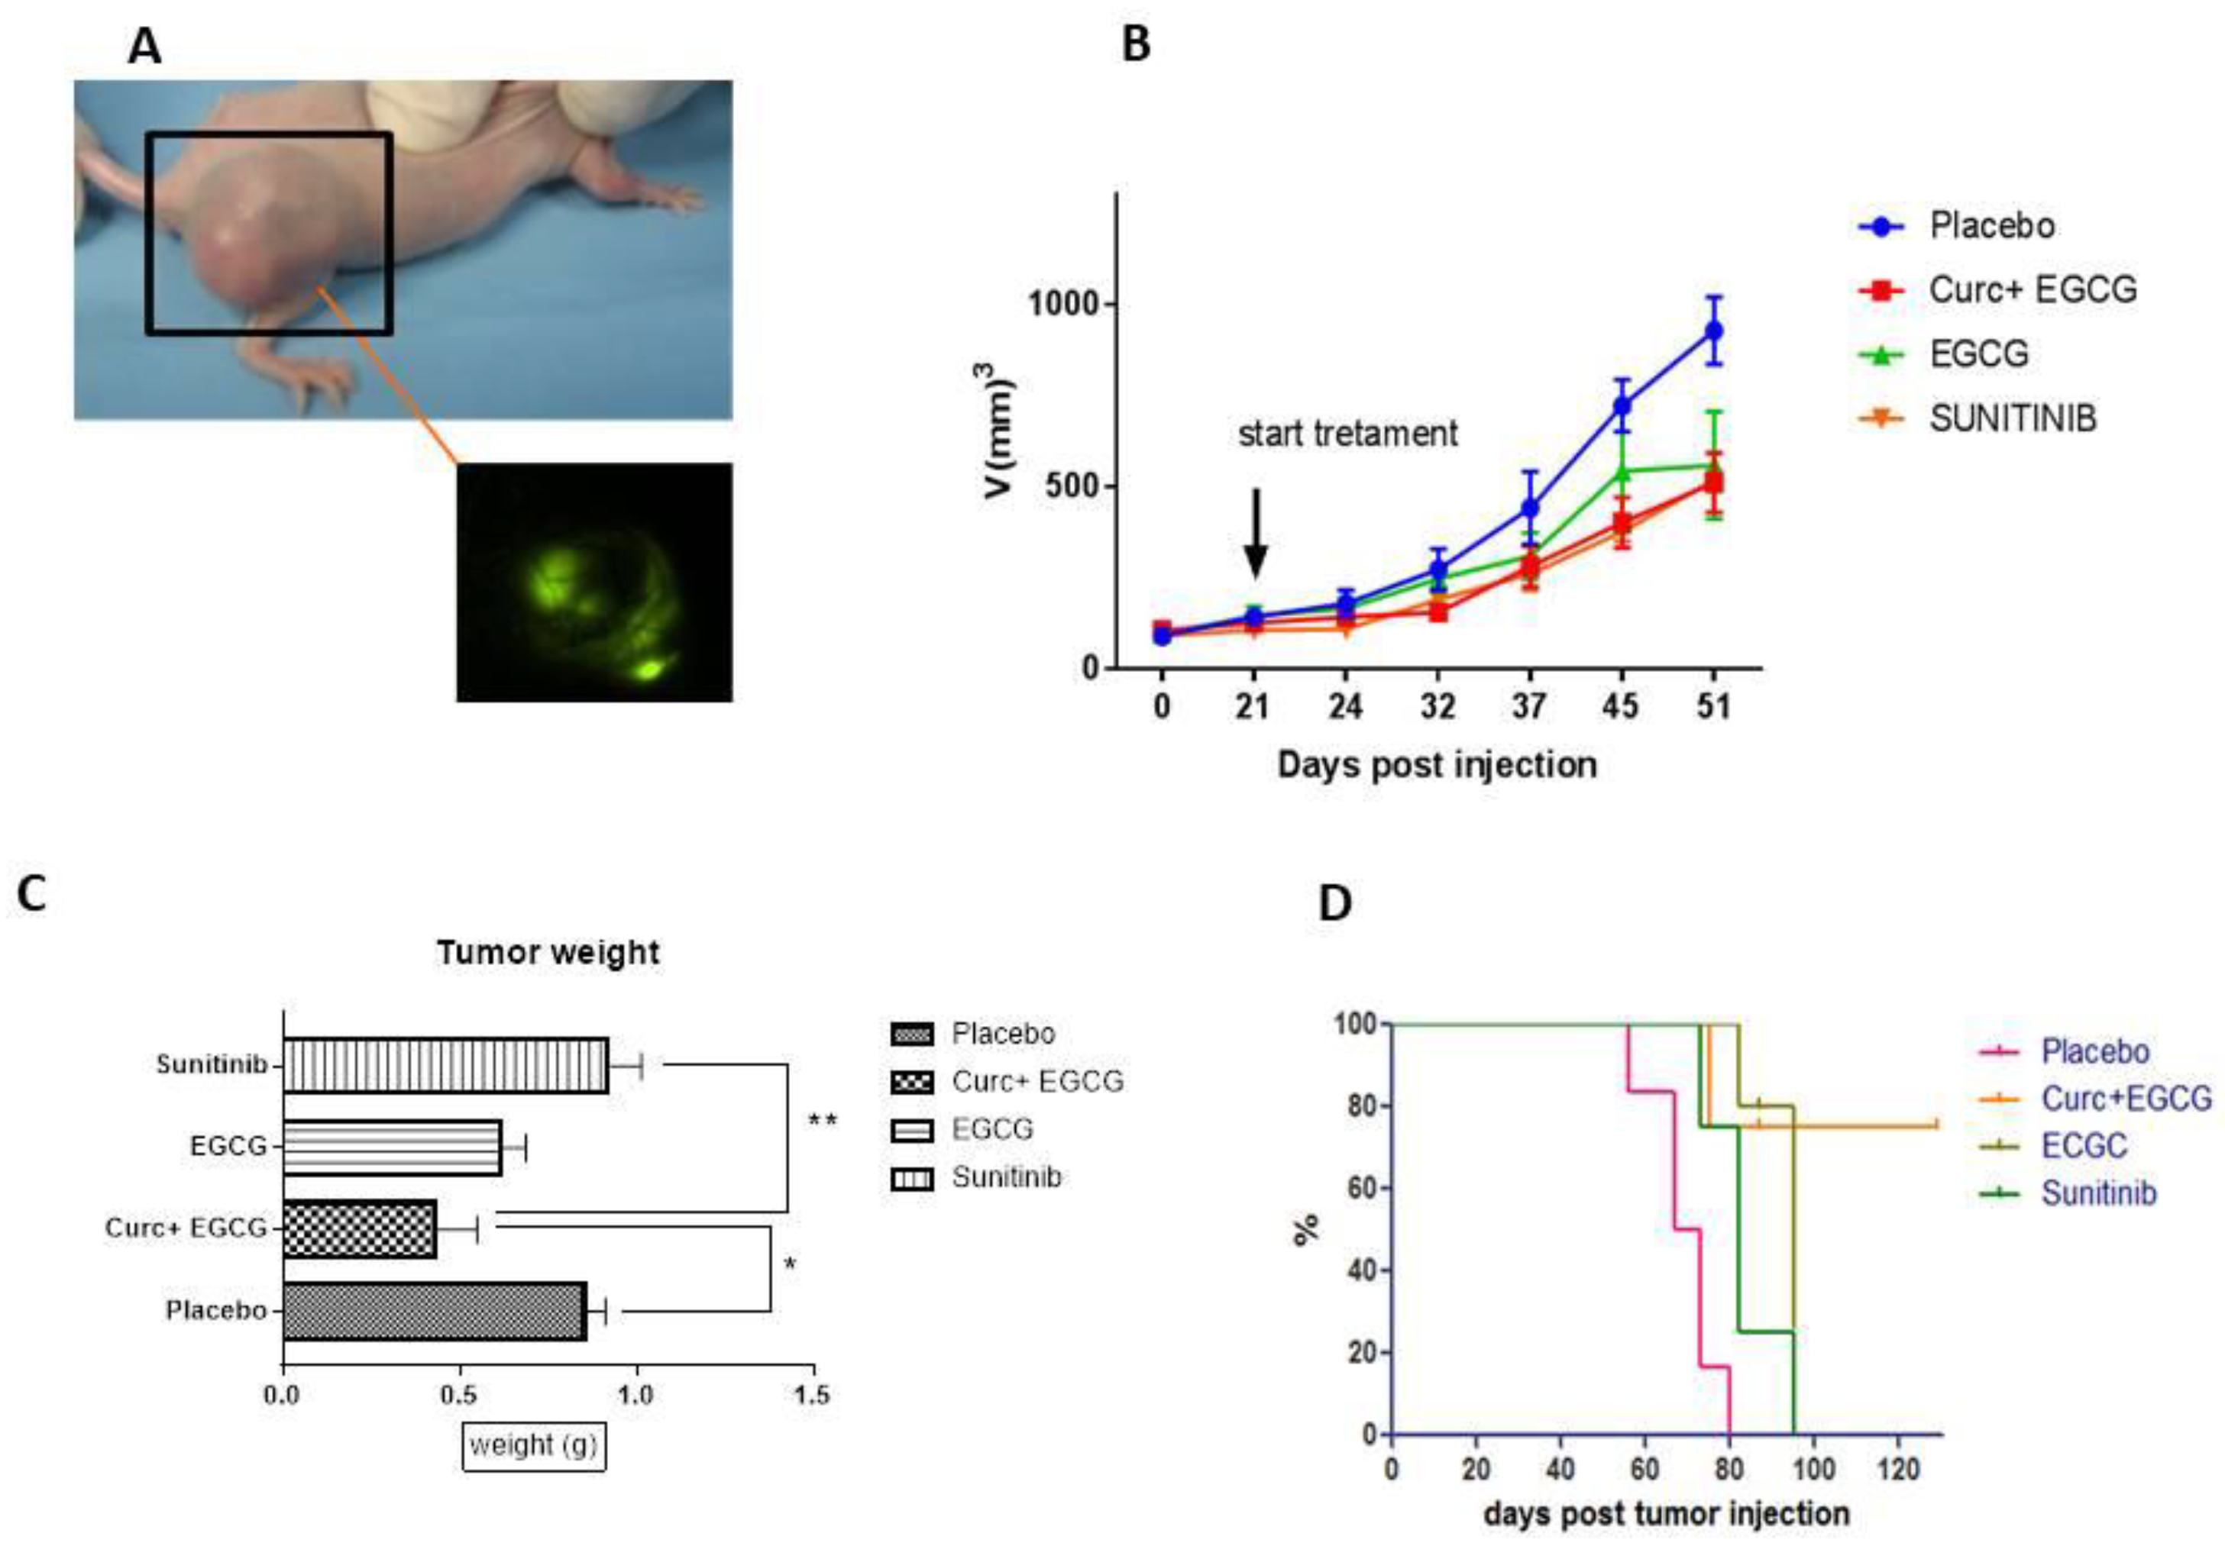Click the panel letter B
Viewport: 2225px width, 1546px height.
pos(1136,44)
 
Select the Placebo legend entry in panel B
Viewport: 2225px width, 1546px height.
pos(1991,226)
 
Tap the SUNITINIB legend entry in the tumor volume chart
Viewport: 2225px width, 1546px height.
pos(2012,418)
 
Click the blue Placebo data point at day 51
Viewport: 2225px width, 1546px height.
pos(1713,331)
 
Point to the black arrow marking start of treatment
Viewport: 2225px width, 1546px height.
pos(1255,533)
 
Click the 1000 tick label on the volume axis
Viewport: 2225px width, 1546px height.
pos(1064,304)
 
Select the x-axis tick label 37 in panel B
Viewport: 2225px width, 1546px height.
pos(1528,706)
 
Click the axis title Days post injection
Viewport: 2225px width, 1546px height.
pos(1436,765)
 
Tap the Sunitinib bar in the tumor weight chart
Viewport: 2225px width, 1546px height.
pos(446,1066)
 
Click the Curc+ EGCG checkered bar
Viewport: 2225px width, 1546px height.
pos(360,1229)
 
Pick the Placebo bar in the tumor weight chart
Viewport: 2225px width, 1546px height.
pos(434,1312)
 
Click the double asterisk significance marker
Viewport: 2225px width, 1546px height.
pos(822,1121)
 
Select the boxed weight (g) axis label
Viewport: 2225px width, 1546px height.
pos(533,1446)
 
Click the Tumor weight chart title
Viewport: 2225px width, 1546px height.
pos(548,952)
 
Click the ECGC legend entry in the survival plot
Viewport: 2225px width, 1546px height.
pos(2084,1146)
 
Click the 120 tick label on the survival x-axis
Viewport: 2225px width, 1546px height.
pos(1897,1470)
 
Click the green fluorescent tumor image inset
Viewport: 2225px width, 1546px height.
pos(594,583)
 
